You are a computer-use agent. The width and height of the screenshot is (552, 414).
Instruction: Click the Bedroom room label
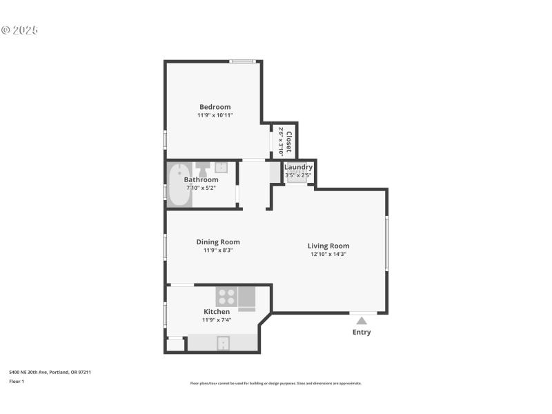pyautogui.click(x=215, y=107)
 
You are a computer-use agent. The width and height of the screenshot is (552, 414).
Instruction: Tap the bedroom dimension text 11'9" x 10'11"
pyautogui.click(x=215, y=115)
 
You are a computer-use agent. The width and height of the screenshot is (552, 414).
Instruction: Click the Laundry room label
pyautogui.click(x=298, y=167)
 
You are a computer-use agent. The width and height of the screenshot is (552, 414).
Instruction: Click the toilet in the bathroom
pyautogui.click(x=202, y=168)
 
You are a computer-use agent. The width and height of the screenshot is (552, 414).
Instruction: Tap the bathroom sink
pyautogui.click(x=221, y=167)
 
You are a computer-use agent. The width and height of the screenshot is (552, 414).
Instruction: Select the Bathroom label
pyautogui.click(x=201, y=179)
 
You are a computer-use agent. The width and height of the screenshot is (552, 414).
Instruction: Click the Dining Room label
pyautogui.click(x=218, y=242)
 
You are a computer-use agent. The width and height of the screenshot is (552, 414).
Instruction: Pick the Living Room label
pyautogui.click(x=328, y=246)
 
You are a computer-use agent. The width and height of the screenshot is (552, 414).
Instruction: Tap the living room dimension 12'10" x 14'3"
pyautogui.click(x=328, y=254)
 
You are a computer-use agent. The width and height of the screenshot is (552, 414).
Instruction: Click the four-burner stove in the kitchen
pyautogui.click(x=226, y=297)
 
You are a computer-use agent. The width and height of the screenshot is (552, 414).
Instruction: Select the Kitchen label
pyautogui.click(x=217, y=312)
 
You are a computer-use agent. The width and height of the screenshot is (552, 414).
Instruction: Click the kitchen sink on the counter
pyautogui.click(x=223, y=343)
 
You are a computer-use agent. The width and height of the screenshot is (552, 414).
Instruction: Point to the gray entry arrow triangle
pyautogui.click(x=362, y=320)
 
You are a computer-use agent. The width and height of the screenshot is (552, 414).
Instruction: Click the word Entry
pyautogui.click(x=362, y=332)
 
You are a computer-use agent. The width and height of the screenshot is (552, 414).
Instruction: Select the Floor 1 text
pyautogui.click(x=17, y=381)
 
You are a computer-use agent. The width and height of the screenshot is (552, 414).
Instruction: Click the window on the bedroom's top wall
pyautogui.click(x=243, y=62)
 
